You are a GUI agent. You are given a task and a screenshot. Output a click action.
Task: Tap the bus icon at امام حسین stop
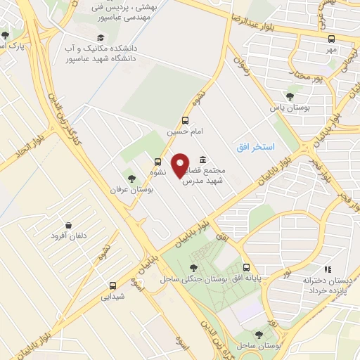coord(185,120)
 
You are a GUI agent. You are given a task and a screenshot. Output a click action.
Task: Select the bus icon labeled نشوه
coord(157,161)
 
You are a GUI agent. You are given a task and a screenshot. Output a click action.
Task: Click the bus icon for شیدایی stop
coord(112,285)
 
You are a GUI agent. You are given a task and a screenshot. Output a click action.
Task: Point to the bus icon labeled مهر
coord(331,39)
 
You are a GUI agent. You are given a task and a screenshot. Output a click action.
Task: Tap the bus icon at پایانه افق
coord(246,267)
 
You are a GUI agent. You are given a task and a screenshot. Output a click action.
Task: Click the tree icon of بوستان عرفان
coord(131,177)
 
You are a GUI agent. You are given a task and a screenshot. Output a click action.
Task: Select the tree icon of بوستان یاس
coord(290,97)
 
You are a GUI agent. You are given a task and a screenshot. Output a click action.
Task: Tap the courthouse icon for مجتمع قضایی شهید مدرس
coord(202,160)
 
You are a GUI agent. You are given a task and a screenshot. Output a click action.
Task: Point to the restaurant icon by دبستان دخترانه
coord(326,269)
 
